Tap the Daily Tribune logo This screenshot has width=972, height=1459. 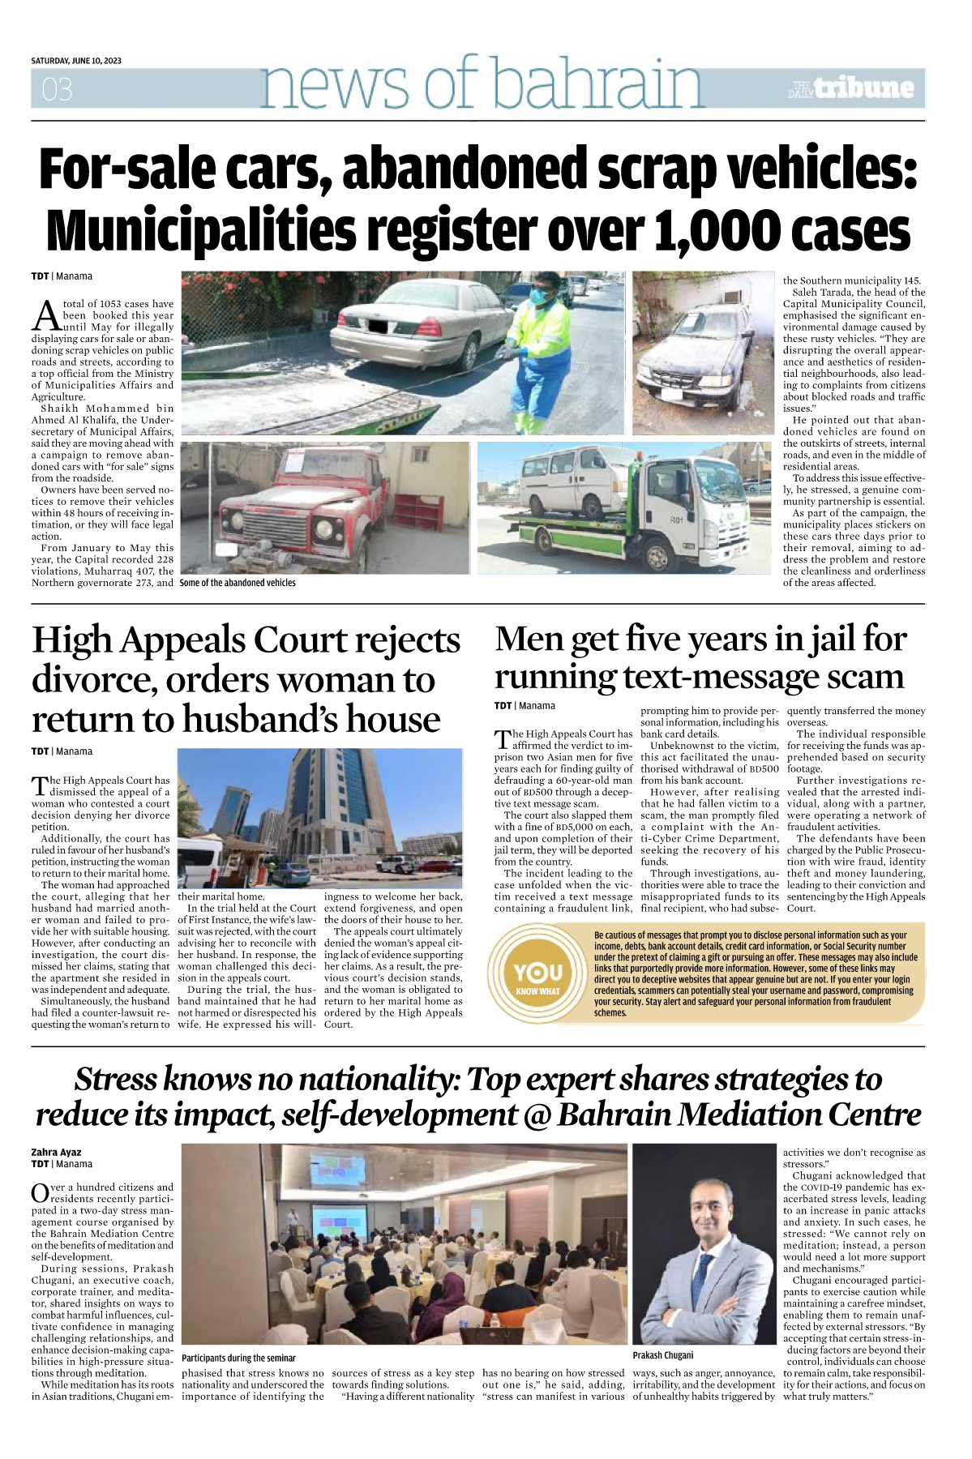[x=852, y=88]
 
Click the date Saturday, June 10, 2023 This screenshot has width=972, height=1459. [x=76, y=61]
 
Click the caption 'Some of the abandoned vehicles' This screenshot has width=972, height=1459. [x=238, y=583]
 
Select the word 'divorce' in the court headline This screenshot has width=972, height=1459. [x=92, y=680]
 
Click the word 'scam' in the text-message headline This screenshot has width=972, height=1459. [x=858, y=677]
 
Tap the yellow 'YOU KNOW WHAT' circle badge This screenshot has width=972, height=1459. [x=537, y=974]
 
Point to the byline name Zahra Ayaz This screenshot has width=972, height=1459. [x=56, y=1152]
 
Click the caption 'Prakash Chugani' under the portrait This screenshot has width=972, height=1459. [x=663, y=1355]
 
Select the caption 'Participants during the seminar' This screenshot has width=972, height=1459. [x=238, y=1358]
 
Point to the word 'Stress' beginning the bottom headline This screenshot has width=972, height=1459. [x=117, y=1080]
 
